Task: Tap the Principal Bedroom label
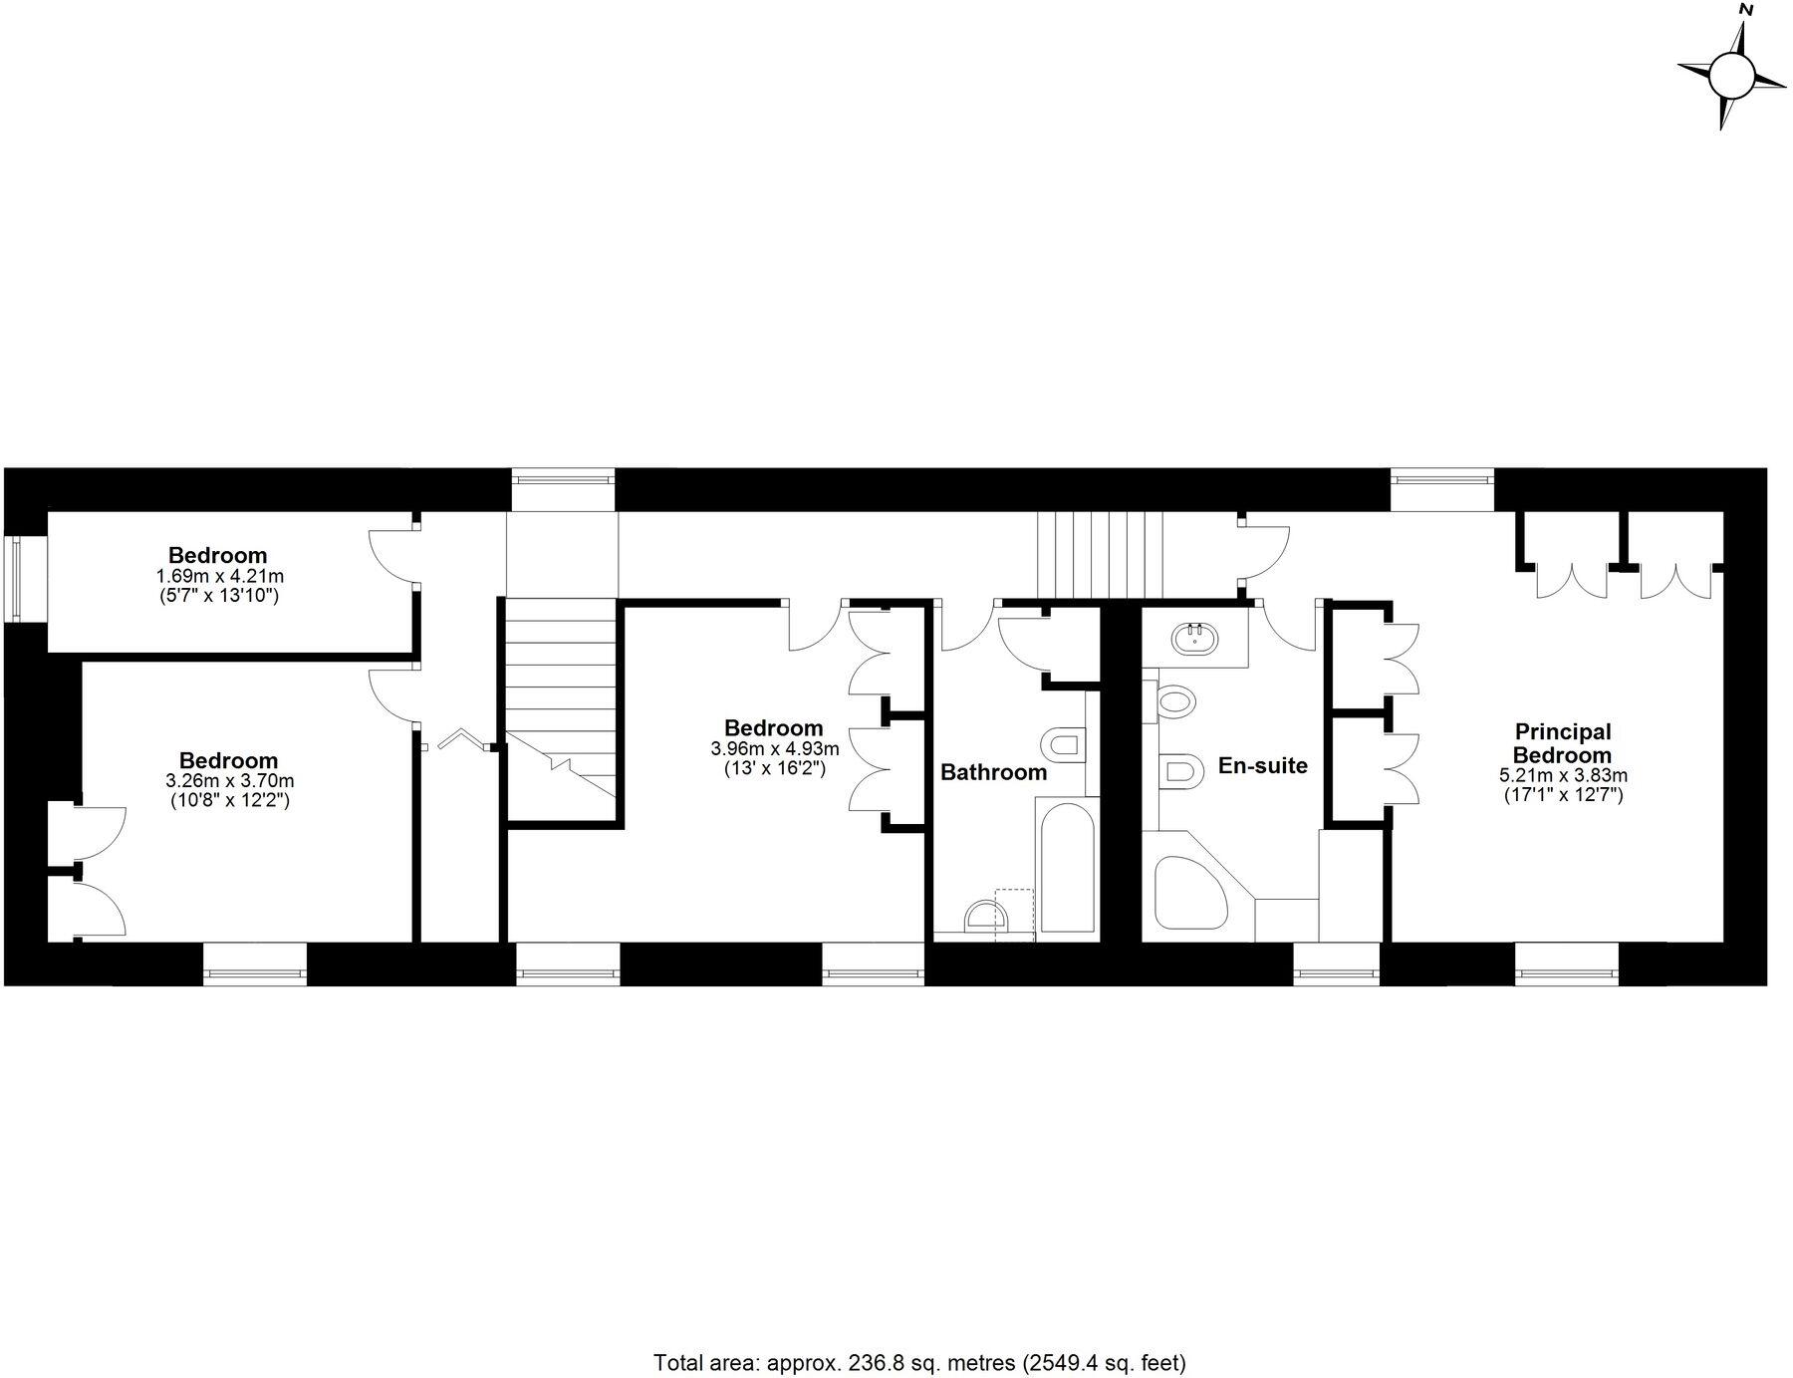coord(1562,743)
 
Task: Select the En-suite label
coord(1262,765)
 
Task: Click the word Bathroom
coord(993,772)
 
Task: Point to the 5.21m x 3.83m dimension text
coord(1563,775)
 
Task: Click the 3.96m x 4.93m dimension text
coord(774,748)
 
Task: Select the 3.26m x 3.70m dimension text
coord(228,781)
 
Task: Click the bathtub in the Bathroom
coord(1066,867)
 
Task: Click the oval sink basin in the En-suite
coord(1192,638)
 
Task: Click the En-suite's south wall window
coord(1337,965)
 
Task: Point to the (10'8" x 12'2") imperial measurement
coord(228,800)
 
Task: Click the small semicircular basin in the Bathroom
coord(981,915)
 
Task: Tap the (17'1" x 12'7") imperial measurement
coord(1563,794)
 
